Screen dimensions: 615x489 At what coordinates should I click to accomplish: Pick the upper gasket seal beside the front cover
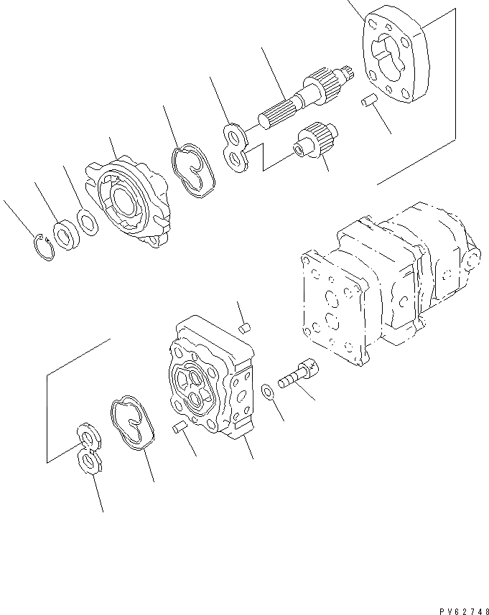(192, 170)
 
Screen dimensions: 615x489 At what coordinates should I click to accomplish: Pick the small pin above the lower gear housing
(243, 328)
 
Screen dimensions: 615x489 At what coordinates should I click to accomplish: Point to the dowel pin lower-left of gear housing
(180, 429)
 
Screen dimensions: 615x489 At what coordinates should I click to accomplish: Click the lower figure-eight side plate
(87, 451)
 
